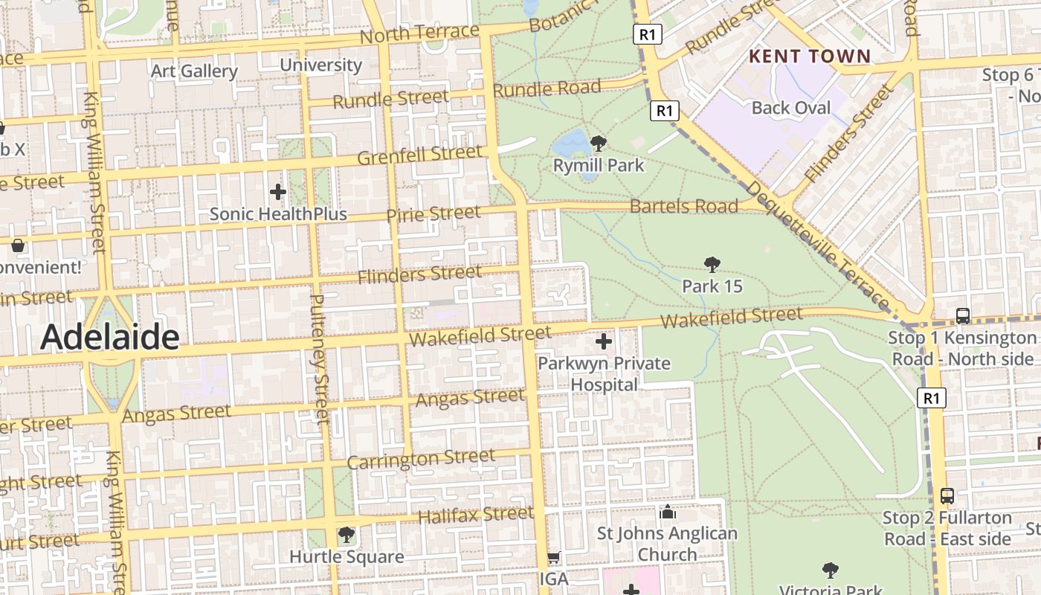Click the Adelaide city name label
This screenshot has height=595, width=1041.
click(109, 337)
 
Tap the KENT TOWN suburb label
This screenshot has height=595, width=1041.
click(809, 57)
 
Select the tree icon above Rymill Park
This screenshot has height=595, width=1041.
click(598, 143)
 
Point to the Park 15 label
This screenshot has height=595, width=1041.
click(712, 286)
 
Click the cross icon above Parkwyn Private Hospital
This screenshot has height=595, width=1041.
click(604, 342)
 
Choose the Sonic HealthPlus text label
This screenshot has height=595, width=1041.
click(278, 214)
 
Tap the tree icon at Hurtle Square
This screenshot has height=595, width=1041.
click(346, 534)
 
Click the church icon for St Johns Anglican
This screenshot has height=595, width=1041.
click(667, 512)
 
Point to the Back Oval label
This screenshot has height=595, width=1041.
click(790, 108)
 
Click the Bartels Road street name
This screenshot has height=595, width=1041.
click(683, 206)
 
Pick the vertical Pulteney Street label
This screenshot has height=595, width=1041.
click(318, 359)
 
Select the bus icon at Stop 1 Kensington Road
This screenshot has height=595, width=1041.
click(962, 315)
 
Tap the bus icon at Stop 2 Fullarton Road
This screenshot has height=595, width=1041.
click(947, 495)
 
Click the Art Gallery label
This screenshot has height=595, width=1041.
click(194, 71)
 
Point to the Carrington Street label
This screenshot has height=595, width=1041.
click(421, 459)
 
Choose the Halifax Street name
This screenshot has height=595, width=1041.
click(475, 515)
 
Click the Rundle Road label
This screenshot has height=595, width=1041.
click(547, 89)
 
